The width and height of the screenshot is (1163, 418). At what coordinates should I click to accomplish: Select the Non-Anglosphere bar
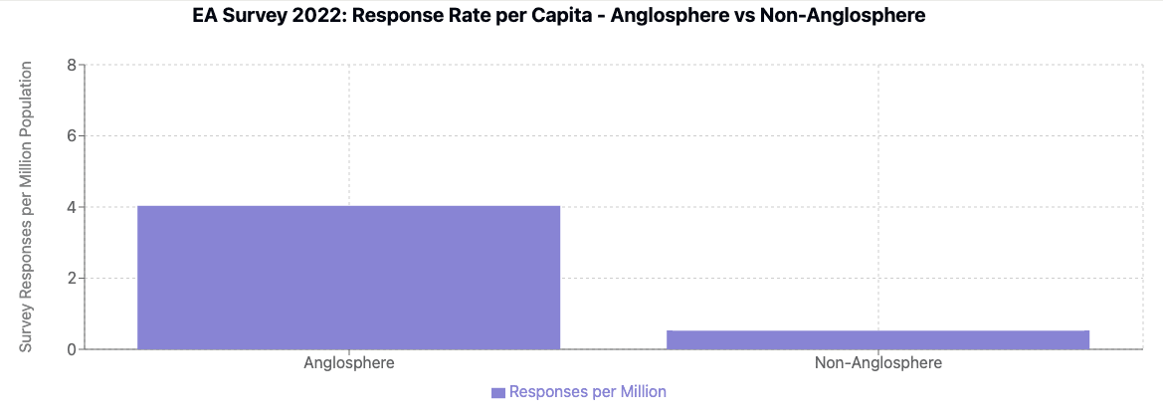click(877, 339)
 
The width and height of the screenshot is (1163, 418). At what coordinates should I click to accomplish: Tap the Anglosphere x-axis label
click(348, 363)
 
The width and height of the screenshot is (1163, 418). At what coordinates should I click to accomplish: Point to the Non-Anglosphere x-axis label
click(877, 363)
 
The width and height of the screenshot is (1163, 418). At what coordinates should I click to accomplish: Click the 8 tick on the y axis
click(71, 65)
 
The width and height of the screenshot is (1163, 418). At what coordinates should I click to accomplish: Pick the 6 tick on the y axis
click(71, 135)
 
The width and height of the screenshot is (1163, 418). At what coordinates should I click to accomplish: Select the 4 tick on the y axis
click(71, 207)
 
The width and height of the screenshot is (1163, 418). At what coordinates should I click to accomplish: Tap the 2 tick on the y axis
click(71, 278)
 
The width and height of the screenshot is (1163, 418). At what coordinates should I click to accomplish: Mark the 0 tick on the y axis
click(71, 349)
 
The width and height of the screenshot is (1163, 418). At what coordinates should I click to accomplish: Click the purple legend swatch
click(498, 392)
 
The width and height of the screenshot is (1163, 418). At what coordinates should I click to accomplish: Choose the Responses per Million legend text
click(587, 392)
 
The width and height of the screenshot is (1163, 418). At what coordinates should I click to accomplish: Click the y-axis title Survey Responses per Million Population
click(27, 206)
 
